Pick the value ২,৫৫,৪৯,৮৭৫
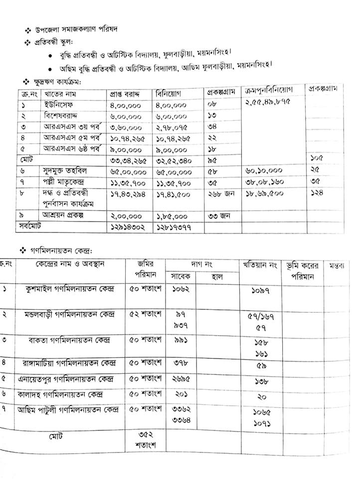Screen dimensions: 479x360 pyautogui.click(x=267, y=102)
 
